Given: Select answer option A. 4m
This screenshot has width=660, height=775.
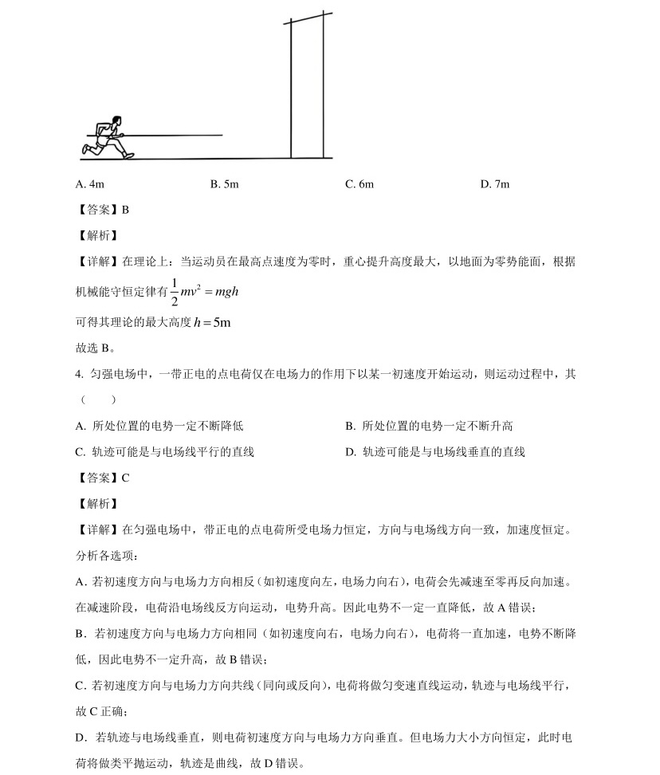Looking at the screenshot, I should coord(89,184).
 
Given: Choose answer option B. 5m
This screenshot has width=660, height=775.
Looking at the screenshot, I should coord(224,184).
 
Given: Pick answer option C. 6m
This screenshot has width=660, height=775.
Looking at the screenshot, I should coord(359,184).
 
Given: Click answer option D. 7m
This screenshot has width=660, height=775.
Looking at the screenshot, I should coord(494,184).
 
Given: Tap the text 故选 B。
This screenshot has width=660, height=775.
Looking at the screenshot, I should coord(95,348).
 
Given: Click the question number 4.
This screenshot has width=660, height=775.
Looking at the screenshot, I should coord(79,374).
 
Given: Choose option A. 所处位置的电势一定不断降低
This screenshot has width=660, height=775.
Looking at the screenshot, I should coord(159,426).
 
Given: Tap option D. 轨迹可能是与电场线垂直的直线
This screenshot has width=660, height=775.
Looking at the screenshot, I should coord(435,451).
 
